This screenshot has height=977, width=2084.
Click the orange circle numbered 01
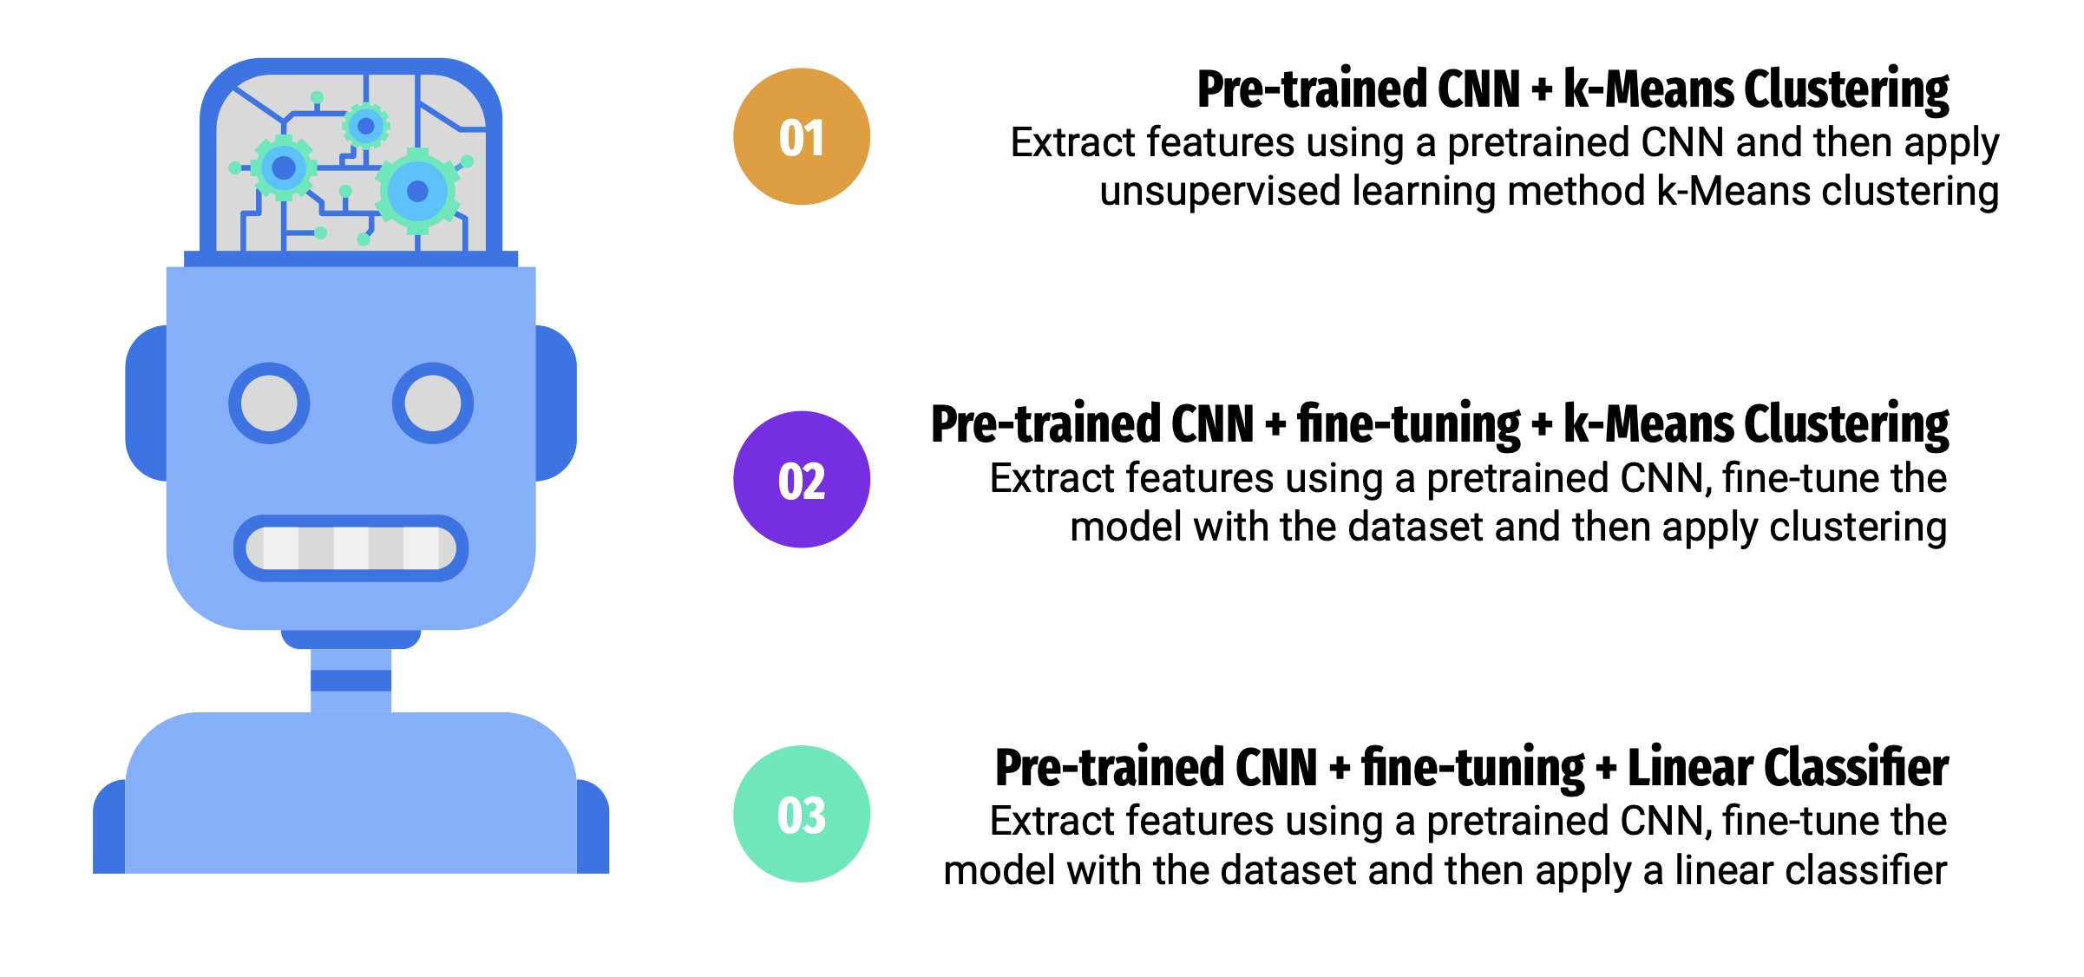point(802,136)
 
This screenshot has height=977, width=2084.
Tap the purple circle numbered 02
point(802,479)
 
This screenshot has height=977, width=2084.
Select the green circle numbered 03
point(802,814)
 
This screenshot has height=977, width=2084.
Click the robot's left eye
point(269,403)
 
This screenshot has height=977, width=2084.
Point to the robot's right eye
point(433,403)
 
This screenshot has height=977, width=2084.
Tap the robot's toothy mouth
point(351,548)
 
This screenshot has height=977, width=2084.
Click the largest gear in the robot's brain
point(417,191)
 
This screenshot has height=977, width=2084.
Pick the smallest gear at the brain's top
point(366,126)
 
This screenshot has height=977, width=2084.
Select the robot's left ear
point(147,403)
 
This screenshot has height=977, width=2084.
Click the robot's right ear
point(556,403)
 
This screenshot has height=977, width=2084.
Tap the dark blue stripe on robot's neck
point(351,680)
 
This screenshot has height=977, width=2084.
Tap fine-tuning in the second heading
point(1409,425)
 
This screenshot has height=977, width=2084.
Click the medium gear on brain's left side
point(284,167)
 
